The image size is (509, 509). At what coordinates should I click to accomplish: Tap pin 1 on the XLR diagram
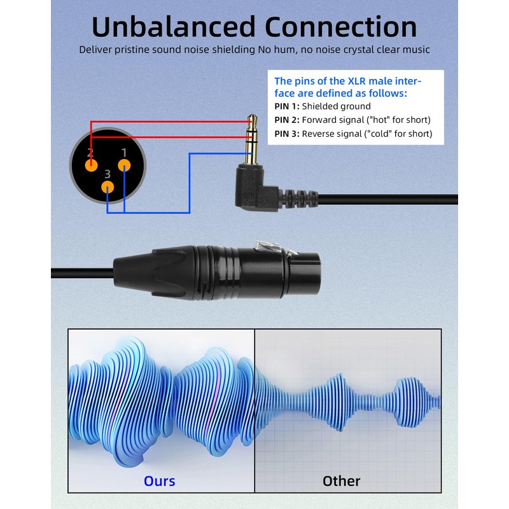(124, 165)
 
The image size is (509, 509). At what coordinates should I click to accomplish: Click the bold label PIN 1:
(287, 106)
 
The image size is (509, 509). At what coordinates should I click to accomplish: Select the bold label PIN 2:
(287, 120)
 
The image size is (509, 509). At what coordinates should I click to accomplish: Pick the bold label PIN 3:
(287, 134)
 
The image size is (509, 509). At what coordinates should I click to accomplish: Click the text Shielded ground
(336, 106)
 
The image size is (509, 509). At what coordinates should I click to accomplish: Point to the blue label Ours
(159, 480)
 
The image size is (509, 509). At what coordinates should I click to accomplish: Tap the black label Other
(341, 480)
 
